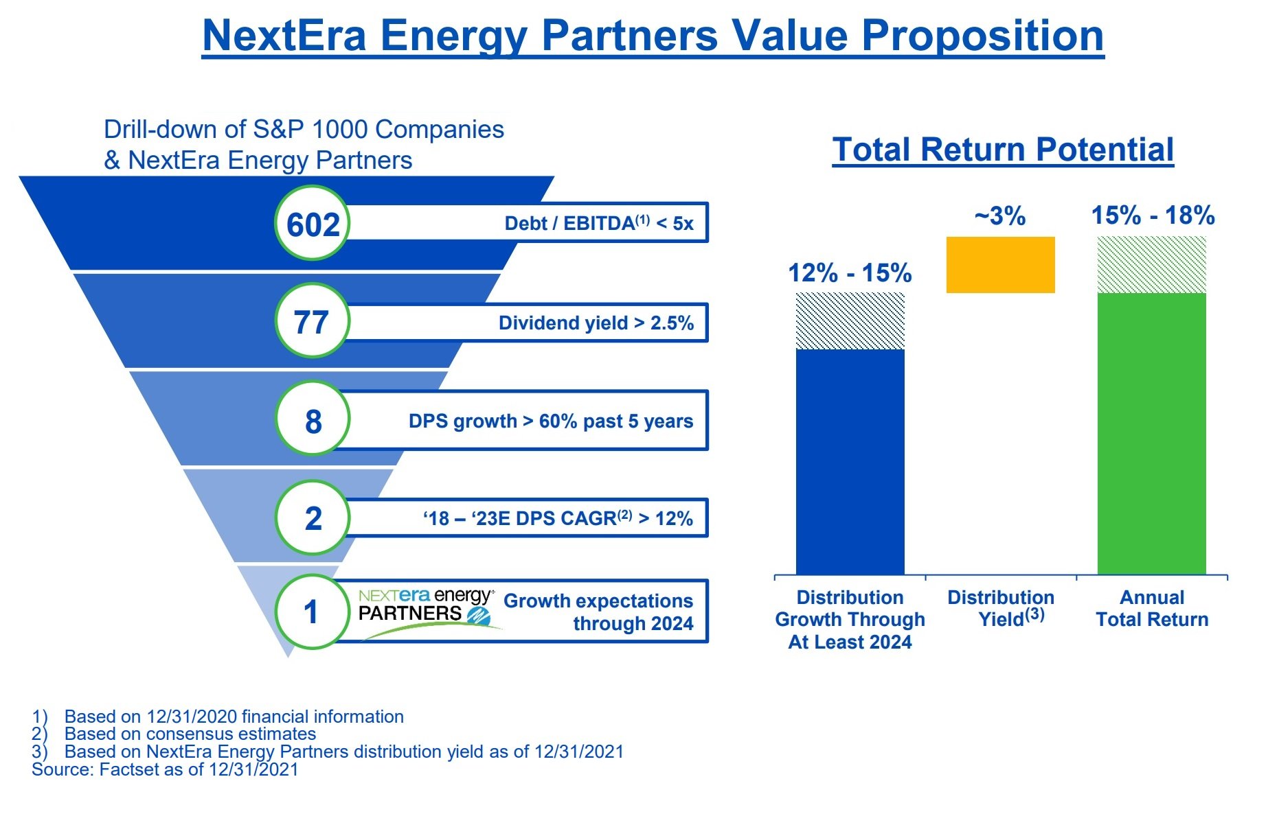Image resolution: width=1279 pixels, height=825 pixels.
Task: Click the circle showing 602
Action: click(313, 223)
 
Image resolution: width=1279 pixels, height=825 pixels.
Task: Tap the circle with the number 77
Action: click(313, 321)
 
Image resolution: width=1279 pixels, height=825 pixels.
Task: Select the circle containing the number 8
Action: click(313, 419)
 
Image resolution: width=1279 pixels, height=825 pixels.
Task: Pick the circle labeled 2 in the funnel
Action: click(313, 518)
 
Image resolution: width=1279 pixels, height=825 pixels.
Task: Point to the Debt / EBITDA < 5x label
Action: click(598, 223)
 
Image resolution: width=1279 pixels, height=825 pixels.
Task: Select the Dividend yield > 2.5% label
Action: click(596, 323)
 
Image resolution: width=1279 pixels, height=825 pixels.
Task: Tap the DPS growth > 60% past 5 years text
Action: click(550, 421)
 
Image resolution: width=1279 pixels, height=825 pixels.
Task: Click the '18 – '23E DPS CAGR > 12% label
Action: click(557, 518)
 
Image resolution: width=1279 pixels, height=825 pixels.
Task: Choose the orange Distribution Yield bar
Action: click(1000, 265)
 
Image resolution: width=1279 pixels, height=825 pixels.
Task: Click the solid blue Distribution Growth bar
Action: click(850, 461)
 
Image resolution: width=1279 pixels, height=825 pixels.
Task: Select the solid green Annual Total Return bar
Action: click(1151, 433)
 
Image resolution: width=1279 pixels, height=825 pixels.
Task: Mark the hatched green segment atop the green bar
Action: click(1151, 264)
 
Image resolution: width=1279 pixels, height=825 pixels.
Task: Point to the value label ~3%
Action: click(999, 216)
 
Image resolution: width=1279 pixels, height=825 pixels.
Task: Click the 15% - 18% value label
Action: click(1153, 216)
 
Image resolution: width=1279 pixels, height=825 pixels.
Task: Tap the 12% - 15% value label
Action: click(850, 273)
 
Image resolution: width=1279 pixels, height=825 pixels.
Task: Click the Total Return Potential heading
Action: click(1003, 150)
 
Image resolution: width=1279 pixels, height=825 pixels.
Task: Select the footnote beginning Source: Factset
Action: click(165, 769)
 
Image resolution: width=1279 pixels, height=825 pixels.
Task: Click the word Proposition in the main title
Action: click(982, 36)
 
